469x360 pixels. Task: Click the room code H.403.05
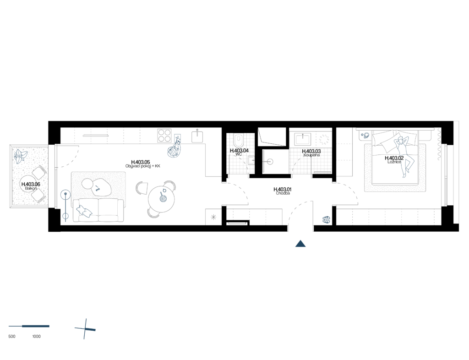click(141, 162)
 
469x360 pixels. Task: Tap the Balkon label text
click(31, 188)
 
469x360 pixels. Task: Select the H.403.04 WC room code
click(239, 151)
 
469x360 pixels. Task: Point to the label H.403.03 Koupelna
click(311, 153)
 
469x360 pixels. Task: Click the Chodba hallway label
click(283, 193)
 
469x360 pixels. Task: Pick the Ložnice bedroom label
click(394, 162)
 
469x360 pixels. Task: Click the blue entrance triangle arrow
click(300, 244)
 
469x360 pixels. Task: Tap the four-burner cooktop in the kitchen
click(164, 136)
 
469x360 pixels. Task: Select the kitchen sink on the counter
click(197, 136)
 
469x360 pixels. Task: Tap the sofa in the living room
click(98, 210)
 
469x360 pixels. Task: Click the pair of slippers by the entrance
click(326, 220)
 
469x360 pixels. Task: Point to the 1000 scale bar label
click(37, 336)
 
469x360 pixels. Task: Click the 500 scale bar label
click(12, 336)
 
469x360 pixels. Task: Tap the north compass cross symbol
click(86, 329)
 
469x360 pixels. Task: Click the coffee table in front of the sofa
click(97, 187)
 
